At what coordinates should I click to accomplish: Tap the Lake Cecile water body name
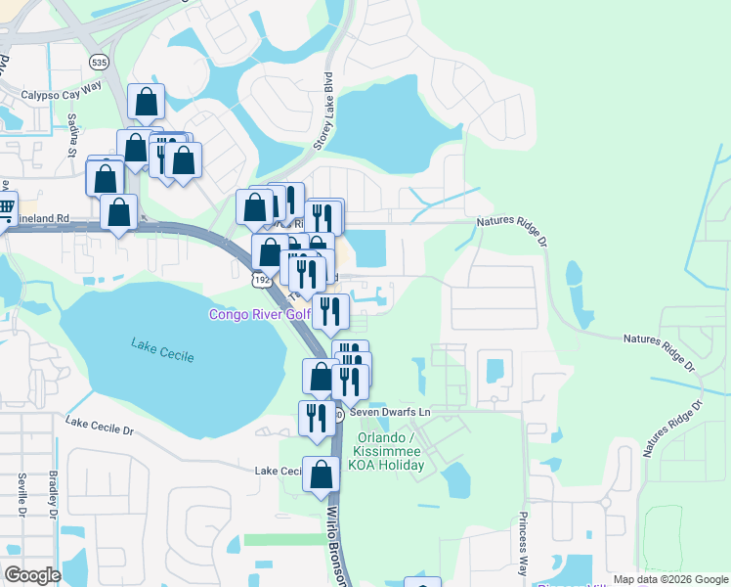click(x=162, y=348)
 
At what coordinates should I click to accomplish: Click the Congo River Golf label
click(x=259, y=314)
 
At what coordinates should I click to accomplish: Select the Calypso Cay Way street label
click(x=63, y=96)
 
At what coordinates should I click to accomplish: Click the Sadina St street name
click(x=71, y=136)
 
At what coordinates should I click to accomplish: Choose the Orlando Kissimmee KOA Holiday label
click(x=389, y=451)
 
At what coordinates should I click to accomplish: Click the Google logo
click(x=32, y=574)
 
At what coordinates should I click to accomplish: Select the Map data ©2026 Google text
click(x=669, y=579)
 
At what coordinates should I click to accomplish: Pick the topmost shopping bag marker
click(x=146, y=101)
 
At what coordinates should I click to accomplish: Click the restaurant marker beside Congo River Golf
click(x=331, y=311)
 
